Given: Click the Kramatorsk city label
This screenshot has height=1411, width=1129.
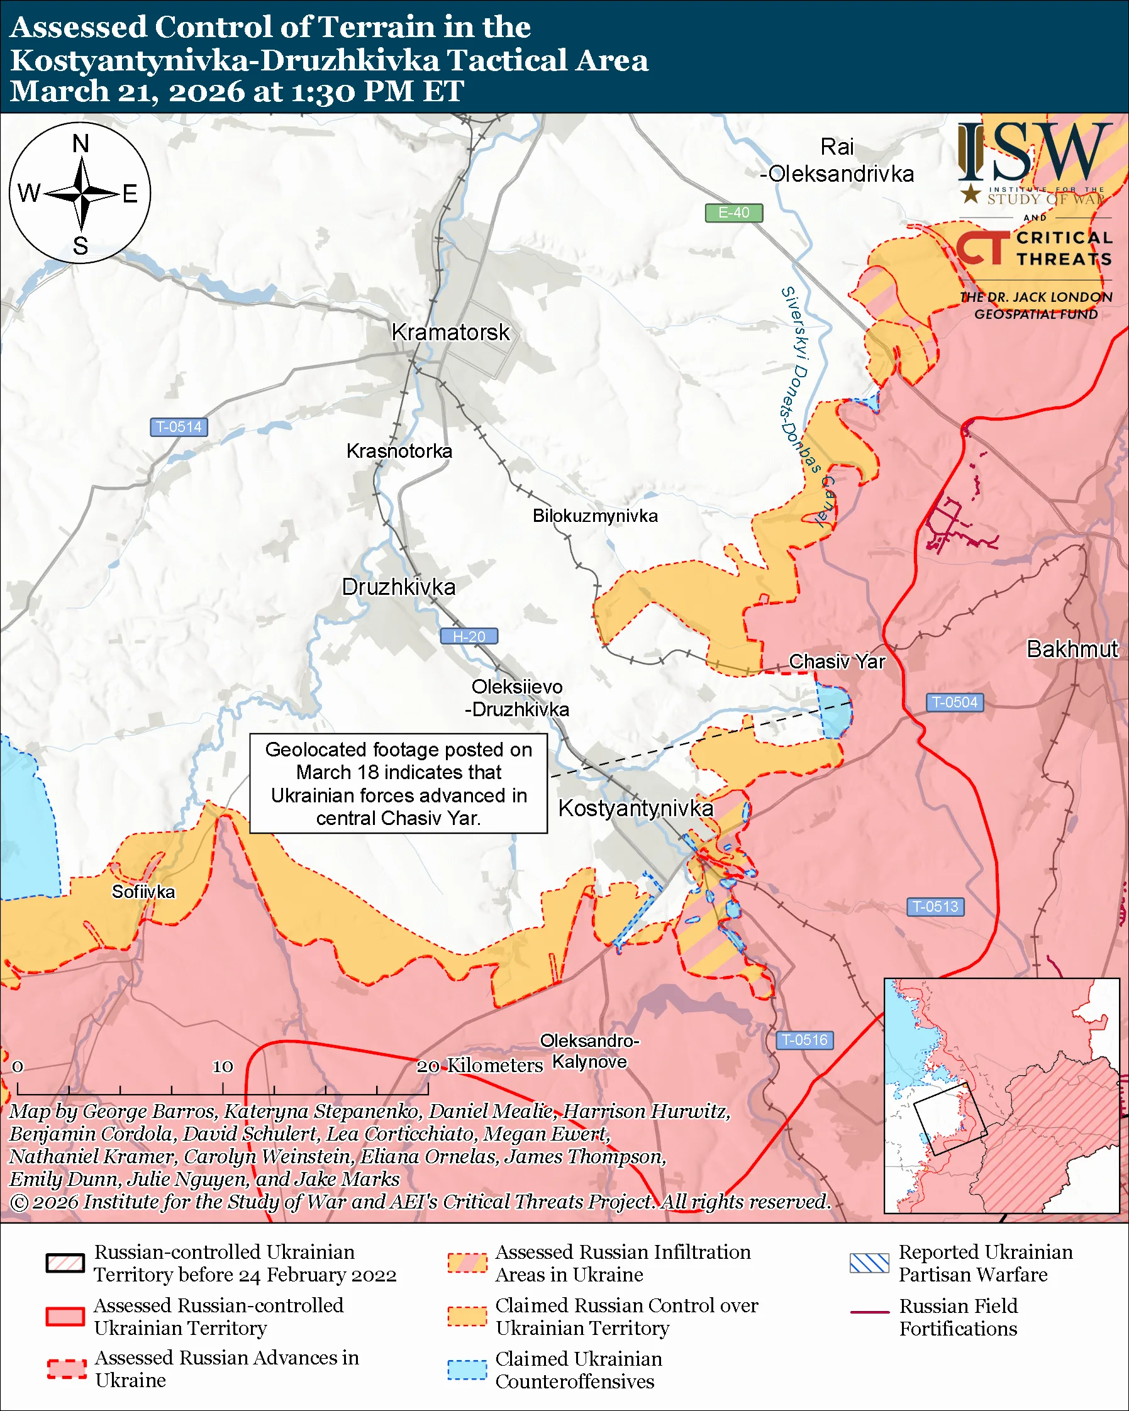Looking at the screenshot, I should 450,333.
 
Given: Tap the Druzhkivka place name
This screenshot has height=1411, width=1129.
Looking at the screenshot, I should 399,587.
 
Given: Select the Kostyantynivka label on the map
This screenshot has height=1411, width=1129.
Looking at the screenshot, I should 635,808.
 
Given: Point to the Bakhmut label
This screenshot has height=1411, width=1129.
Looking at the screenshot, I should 1072,649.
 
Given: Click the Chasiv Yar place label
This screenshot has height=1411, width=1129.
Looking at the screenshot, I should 837,661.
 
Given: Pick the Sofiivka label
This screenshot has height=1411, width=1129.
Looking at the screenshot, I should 143,892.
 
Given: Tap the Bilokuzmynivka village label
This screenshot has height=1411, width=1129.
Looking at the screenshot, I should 595,516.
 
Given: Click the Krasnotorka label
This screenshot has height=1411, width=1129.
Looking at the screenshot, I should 399,451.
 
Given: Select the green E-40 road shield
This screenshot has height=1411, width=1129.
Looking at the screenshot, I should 733,213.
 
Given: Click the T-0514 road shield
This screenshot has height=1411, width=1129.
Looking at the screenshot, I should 179,428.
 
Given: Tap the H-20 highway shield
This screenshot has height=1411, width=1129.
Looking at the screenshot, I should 469,636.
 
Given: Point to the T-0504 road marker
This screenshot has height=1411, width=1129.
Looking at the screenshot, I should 954,702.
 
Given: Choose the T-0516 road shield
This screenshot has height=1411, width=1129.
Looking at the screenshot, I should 804,1040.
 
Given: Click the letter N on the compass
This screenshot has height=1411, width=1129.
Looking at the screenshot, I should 81,143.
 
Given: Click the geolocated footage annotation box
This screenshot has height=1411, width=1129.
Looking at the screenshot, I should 398,783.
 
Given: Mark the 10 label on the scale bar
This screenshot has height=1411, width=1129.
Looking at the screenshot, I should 223,1066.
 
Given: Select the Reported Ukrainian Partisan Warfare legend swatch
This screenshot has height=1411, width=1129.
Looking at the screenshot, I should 869,1263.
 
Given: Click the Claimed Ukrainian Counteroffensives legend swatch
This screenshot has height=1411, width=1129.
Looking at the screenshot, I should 467,1369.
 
